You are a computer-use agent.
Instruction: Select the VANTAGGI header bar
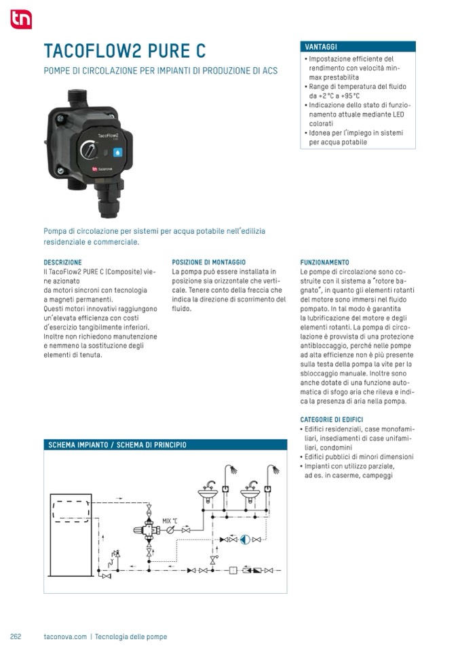[x=357, y=47]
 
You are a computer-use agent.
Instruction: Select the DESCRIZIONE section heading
[x=62, y=262]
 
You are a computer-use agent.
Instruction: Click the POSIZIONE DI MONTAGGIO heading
[x=208, y=262]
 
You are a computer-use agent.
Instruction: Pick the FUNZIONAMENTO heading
[x=324, y=262]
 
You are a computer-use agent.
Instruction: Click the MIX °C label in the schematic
[x=170, y=521]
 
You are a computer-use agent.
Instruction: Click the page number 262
[x=16, y=636]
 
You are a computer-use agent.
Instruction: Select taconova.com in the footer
[x=65, y=636]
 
